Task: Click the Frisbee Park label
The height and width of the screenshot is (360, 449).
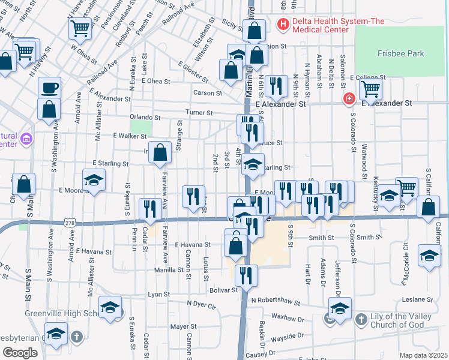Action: click(x=401, y=53)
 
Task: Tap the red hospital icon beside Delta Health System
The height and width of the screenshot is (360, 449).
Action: click(x=282, y=25)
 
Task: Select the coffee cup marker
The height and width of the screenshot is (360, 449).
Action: click(x=49, y=88)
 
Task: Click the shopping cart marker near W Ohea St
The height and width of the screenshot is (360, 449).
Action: click(x=80, y=29)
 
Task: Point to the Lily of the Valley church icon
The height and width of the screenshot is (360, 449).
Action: click(x=360, y=319)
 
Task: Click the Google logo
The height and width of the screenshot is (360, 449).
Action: click(x=20, y=353)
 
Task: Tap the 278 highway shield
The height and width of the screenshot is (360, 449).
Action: click(x=70, y=223)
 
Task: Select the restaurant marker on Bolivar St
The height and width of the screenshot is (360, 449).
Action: click(x=246, y=275)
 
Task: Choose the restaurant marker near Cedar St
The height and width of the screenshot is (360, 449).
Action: click(x=149, y=209)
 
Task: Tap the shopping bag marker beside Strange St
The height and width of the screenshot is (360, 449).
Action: click(x=160, y=153)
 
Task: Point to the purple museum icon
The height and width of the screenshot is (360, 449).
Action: click(x=25, y=140)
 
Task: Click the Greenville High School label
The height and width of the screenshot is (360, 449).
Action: click(x=57, y=313)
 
